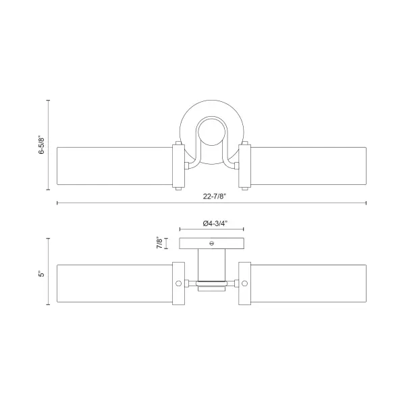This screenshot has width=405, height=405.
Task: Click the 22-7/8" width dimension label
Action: click(214, 196)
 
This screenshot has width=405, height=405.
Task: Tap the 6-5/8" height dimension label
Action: click(42, 145)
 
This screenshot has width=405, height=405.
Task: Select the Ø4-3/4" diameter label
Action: click(215, 223)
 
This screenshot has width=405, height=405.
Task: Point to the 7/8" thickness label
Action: click(159, 243)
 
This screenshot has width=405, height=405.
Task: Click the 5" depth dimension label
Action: click(42, 274)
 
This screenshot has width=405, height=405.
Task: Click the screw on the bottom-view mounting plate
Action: click(211, 243)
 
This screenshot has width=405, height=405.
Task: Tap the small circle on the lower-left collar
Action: click(178, 283)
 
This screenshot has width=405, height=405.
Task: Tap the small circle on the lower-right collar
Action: click(244, 283)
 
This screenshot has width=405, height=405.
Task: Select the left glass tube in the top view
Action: click(115, 166)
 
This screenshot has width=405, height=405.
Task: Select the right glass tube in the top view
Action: click(308, 166)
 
